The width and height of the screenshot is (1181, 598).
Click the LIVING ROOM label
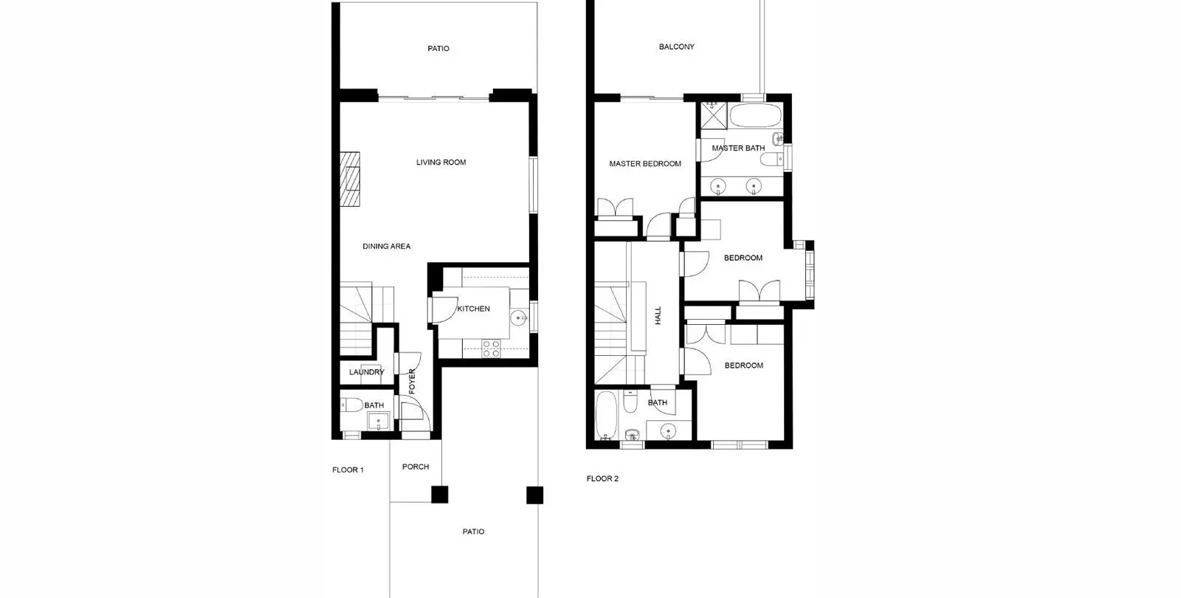coord(441,162)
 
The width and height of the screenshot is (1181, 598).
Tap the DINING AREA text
coord(387,247)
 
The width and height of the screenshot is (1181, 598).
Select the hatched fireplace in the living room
coord(350,179)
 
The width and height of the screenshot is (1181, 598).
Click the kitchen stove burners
coord(492,348)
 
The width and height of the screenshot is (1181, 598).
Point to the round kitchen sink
coord(519,318)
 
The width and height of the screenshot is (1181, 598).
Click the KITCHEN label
coord(473,309)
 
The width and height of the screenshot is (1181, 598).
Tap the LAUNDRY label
coord(366,372)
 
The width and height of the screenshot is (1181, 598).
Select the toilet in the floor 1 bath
coord(351,405)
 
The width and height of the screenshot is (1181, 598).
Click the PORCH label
coord(416,467)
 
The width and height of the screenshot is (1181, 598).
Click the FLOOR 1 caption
coord(348,470)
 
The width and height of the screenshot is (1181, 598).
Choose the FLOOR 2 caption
coord(602,479)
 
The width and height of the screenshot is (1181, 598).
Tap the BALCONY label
coord(676,47)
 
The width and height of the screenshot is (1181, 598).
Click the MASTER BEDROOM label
coord(645,164)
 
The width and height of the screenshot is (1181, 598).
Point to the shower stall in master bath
coord(714,115)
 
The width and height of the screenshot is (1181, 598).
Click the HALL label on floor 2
coord(658,315)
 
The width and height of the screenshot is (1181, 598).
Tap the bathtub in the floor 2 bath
coord(606,415)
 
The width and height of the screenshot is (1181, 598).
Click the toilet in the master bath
coord(771,159)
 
